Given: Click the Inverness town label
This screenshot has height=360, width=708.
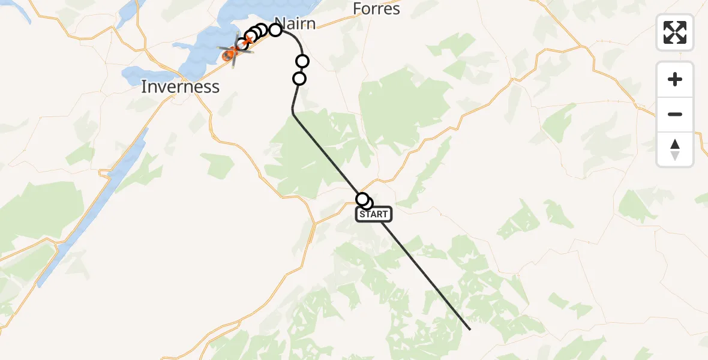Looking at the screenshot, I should tap(180, 86).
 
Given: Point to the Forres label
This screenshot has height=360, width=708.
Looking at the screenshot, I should tap(376, 9).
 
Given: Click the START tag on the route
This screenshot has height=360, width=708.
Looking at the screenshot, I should tap(374, 214).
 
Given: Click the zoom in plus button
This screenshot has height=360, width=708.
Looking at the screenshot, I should tap(675, 79).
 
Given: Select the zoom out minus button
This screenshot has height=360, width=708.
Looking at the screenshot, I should tap(675, 114).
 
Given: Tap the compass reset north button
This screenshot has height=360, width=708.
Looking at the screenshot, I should tap(675, 149).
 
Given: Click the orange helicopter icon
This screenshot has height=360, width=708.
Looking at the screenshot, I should tap(231, 54).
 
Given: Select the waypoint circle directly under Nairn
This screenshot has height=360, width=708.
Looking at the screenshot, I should tap(275, 29).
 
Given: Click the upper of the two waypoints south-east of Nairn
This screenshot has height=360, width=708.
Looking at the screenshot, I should tap(302, 61).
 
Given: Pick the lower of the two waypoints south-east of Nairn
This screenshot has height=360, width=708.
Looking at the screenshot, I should tap(299, 79).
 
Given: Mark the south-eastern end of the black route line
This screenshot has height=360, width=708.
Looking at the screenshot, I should tap(470, 329).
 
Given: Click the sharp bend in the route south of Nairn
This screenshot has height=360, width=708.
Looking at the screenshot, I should tap(293, 112).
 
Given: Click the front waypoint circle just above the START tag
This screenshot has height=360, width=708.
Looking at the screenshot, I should tap(362, 199).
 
